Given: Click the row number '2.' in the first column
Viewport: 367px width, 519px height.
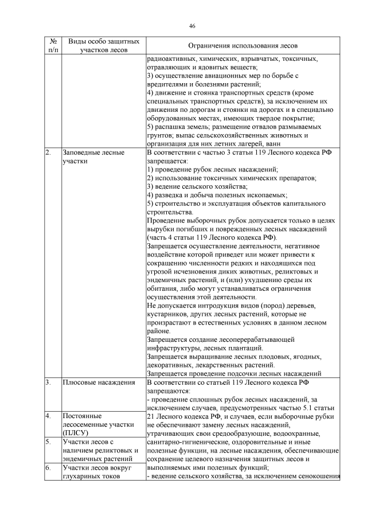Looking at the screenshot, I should (48, 153).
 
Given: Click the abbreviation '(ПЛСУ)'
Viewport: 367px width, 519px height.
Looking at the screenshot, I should (75, 434).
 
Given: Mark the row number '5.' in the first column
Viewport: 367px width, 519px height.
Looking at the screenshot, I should (48, 442).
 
